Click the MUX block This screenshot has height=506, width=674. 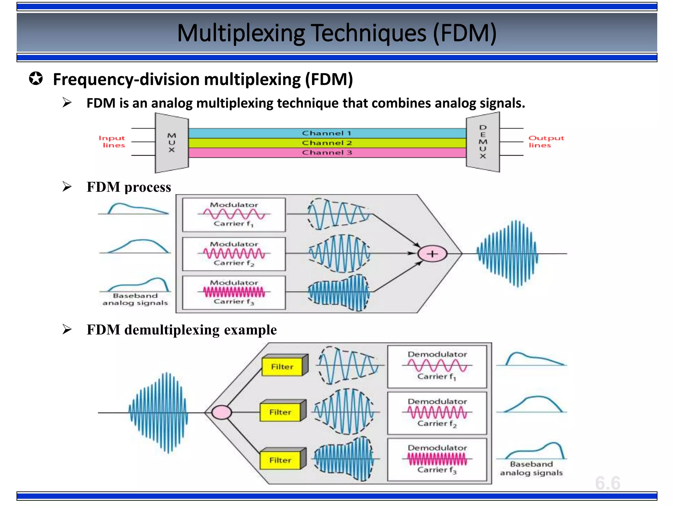(172, 143)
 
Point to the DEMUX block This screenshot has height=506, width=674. (483, 142)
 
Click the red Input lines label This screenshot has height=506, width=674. (112, 142)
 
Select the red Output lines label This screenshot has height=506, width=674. (546, 142)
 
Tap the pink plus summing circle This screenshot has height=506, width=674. (432, 254)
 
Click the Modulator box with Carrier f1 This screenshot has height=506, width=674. (234, 214)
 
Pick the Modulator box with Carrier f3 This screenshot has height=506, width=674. (234, 293)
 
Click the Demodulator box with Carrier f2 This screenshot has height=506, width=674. (437, 413)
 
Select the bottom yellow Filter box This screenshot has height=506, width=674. (280, 460)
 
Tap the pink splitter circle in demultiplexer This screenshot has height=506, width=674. (221, 412)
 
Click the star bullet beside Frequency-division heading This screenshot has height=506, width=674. (36, 79)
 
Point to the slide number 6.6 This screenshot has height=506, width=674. (608, 483)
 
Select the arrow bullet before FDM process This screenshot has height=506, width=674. (67, 187)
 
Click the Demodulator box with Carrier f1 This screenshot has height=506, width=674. (437, 366)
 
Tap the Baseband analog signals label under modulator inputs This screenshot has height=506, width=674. (135, 299)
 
